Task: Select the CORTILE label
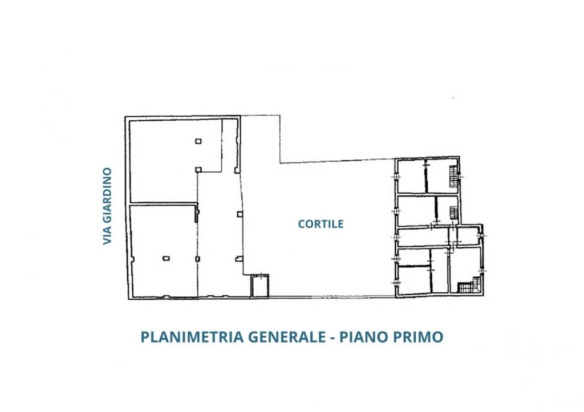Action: click(321, 224)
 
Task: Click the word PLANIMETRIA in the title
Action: click(192, 337)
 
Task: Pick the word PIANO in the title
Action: click(362, 337)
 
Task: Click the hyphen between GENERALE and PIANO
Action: click(334, 337)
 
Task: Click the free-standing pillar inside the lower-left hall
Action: click(166, 258)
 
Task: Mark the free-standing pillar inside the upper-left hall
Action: click(197, 141)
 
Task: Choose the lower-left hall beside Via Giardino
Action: click(163, 251)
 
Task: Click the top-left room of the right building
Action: click(411, 177)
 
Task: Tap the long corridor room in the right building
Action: click(425, 237)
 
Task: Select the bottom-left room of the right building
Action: click(413, 280)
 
